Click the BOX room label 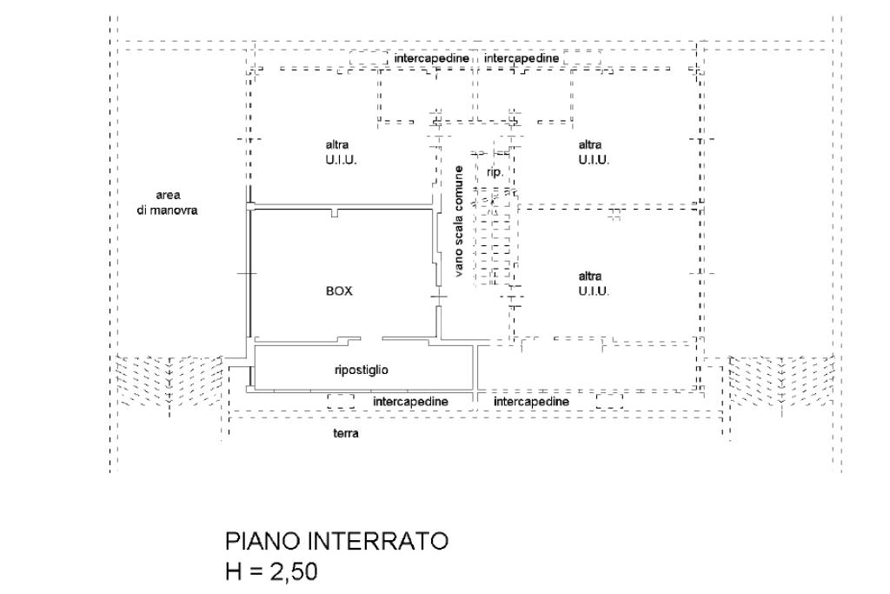(x=339, y=292)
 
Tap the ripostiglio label (x=361, y=370)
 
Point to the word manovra (x=178, y=210)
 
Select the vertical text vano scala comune (x=459, y=222)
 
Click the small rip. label (x=495, y=172)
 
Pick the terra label (x=346, y=433)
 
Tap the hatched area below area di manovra (x=169, y=380)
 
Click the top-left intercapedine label (x=432, y=57)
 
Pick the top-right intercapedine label (x=521, y=57)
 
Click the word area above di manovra (x=168, y=195)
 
